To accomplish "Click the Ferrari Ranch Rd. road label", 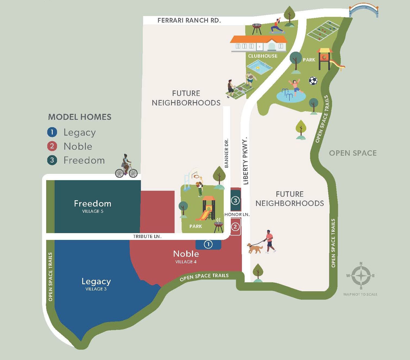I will point(189,20).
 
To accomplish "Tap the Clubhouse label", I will point(263,56).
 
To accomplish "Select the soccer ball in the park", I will point(313,81).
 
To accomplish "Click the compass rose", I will point(361,276).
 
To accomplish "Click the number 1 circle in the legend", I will point(52,132).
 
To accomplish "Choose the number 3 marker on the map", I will point(235,201).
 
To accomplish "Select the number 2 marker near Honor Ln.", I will point(235,226).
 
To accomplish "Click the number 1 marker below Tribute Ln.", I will point(208,244).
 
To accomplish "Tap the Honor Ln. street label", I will point(237,214).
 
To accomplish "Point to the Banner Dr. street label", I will point(226,153).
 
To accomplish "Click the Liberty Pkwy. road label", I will point(246,161).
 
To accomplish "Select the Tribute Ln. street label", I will point(147,236).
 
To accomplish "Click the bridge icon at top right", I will point(364,11).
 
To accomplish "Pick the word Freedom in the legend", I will point(84,160).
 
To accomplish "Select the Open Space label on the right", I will point(353,153).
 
